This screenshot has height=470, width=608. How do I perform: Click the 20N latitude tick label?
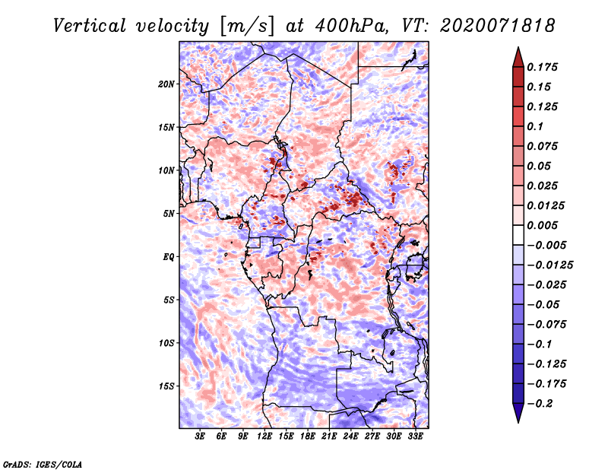click(166, 84)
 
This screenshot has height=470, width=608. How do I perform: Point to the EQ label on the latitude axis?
click(169, 257)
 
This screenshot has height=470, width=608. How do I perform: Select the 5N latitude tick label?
click(169, 214)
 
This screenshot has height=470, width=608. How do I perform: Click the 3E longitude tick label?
click(200, 437)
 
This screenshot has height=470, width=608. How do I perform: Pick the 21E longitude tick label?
click(329, 437)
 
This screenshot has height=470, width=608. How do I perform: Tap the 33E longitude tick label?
click(415, 437)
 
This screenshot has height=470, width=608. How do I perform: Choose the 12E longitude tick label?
click(264, 437)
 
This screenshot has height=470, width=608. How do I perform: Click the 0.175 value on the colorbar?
click(542, 67)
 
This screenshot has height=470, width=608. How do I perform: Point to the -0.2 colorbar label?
click(540, 404)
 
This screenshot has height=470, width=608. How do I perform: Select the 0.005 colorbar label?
click(542, 225)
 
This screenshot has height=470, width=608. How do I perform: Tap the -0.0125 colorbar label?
click(549, 265)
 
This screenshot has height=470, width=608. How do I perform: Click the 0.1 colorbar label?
click(535, 126)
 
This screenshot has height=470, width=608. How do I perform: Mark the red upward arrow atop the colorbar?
click(518, 57)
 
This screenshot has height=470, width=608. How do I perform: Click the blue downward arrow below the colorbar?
click(518, 413)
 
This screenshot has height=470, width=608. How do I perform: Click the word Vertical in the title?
click(90, 26)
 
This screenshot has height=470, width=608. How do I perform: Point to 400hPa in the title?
click(352, 26)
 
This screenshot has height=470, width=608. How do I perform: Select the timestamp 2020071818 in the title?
click(498, 26)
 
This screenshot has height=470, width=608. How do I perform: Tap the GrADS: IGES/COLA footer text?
click(43, 464)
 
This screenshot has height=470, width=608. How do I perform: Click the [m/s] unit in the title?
click(248, 27)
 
